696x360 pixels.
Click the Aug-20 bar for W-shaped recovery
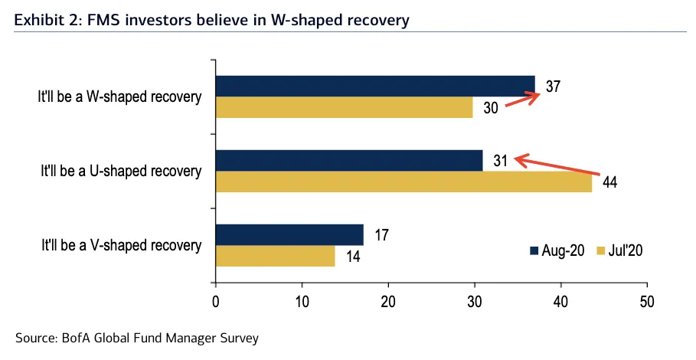click(375, 86)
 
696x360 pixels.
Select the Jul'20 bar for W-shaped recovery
click(345, 107)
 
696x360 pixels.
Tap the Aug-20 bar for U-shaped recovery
click(349, 160)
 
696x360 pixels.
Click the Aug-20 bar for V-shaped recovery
click(289, 234)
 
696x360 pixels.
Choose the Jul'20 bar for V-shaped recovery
click(276, 256)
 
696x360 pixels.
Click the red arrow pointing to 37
click(521, 101)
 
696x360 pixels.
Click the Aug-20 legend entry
click(560, 250)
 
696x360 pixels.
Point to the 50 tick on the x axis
click(647, 300)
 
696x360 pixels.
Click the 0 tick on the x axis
click(216, 300)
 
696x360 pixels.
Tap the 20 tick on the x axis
click(388, 300)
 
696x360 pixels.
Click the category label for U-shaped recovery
click(122, 171)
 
